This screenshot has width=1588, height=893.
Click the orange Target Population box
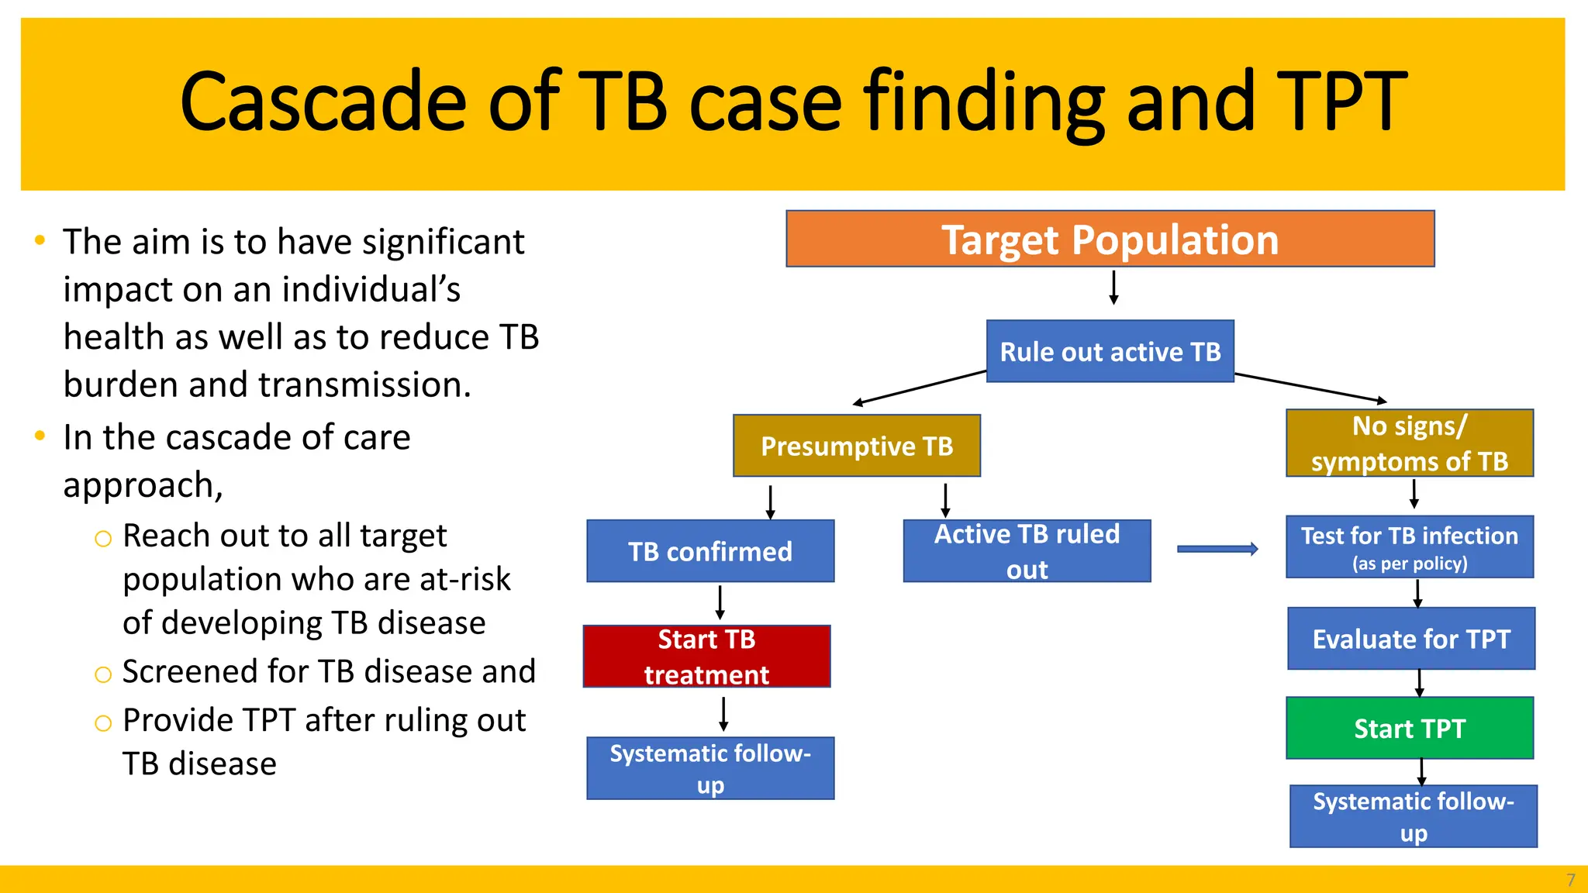(x=1110, y=239)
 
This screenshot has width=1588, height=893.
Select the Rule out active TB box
(x=1110, y=351)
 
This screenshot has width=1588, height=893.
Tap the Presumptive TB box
(x=856, y=446)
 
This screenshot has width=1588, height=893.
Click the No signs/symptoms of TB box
(x=1409, y=443)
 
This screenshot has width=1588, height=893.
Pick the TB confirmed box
(x=709, y=551)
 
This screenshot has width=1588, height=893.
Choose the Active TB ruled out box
(x=1027, y=551)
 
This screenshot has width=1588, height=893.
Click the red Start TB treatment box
(x=706, y=657)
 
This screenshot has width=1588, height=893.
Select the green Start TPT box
(x=1409, y=728)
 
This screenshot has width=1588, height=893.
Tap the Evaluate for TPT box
(x=1410, y=639)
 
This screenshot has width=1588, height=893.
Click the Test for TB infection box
(x=1409, y=547)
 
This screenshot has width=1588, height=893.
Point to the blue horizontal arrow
(x=1217, y=549)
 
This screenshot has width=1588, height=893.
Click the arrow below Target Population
(x=1113, y=288)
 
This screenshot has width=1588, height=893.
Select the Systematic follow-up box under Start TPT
(x=1413, y=816)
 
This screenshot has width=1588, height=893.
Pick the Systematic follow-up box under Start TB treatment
(x=709, y=768)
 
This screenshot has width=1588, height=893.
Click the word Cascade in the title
(x=322, y=102)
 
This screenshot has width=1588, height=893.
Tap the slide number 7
(x=1570, y=881)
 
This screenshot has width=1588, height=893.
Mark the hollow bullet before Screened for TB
(x=103, y=674)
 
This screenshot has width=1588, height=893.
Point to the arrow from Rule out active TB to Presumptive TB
(x=919, y=388)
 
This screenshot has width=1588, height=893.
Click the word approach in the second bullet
(x=139, y=486)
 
